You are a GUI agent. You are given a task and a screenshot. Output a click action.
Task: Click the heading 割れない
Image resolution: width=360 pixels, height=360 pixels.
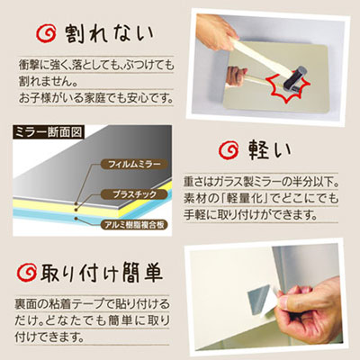(110, 34)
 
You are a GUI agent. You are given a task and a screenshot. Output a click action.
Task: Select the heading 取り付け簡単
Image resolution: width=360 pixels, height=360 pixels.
(102, 273)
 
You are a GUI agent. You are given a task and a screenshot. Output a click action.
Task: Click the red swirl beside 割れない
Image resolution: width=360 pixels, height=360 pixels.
(46, 33)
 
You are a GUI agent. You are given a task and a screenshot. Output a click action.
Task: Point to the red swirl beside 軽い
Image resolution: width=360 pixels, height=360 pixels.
(229, 149)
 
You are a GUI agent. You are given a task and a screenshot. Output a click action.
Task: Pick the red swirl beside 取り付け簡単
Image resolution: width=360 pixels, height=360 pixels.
(26, 272)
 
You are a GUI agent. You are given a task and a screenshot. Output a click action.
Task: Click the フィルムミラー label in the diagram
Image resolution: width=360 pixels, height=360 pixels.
(134, 164)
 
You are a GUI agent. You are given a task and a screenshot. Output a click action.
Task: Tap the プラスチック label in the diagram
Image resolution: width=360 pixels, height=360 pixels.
(134, 194)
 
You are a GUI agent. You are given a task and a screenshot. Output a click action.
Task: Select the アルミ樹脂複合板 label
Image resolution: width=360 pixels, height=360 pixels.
(134, 225)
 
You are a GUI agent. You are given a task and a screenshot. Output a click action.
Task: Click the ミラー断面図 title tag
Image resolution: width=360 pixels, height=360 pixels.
(49, 132)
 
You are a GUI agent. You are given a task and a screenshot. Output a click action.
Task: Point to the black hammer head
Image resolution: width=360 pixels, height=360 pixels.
(294, 78)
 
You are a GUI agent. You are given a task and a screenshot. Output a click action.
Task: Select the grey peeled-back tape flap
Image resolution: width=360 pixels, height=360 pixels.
(259, 298)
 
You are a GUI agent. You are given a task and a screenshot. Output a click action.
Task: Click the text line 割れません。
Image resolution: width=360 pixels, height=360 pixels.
(47, 81)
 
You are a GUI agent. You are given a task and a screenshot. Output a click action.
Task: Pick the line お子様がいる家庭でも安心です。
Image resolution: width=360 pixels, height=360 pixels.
(95, 98)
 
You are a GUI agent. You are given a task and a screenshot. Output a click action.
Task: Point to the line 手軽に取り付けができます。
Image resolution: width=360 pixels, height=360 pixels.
(251, 215)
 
